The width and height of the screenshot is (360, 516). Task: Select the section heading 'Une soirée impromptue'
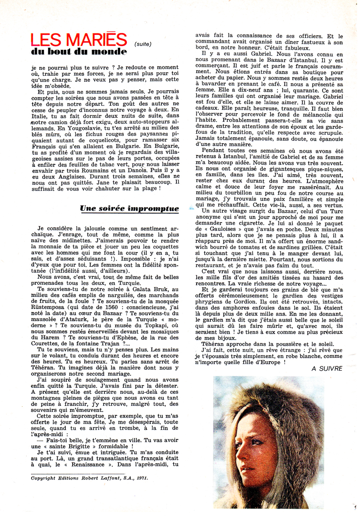(x=129, y=209)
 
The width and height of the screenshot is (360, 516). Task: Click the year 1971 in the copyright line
(x=140, y=477)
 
